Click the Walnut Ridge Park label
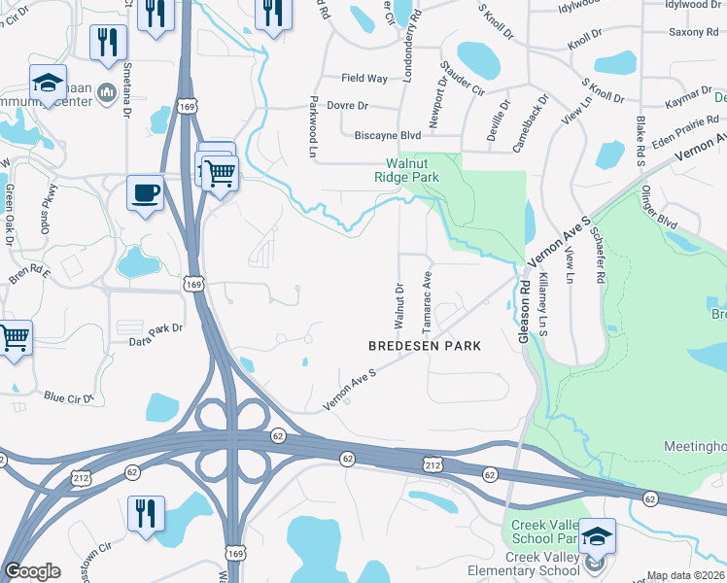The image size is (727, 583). point(407,171)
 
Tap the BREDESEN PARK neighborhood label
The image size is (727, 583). point(425,346)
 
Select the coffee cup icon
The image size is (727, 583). point(145,192)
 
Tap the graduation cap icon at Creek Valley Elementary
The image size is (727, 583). point(597,536)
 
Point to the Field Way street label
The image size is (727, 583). point(364,79)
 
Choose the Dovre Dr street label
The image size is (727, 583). point(348,105)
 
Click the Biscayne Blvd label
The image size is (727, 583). point(387,135)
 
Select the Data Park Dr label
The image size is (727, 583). point(156,329)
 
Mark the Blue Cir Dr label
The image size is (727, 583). point(68,396)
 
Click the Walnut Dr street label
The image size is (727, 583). point(398,305)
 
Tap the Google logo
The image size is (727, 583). point(32,571)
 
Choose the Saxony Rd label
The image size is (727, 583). point(692,32)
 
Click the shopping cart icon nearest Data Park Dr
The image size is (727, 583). point(15,338)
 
